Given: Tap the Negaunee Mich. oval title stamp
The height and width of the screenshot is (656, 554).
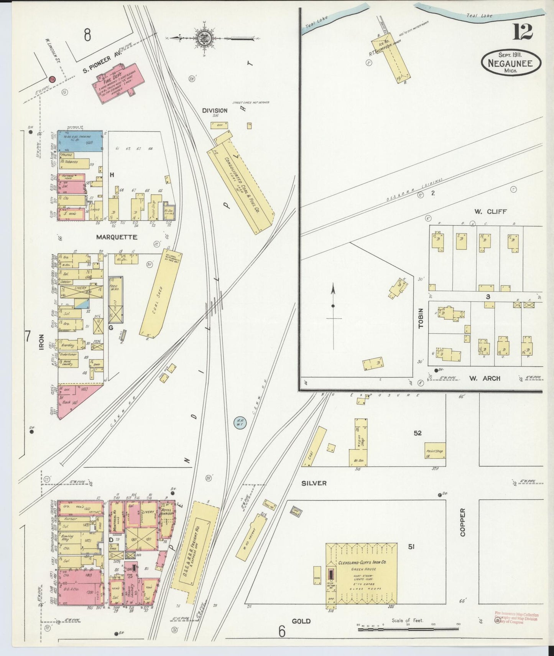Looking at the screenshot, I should click(x=511, y=63).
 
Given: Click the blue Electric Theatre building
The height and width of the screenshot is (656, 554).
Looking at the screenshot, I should click(x=80, y=142).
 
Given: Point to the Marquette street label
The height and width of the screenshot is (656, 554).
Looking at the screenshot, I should click(x=117, y=237).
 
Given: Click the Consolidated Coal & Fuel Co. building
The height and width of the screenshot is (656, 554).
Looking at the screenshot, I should click(x=241, y=184).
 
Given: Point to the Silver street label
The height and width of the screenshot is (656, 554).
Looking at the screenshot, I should click(x=314, y=483).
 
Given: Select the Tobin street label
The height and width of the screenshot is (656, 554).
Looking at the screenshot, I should click(x=421, y=318).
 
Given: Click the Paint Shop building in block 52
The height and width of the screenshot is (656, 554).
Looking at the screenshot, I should click(x=434, y=453).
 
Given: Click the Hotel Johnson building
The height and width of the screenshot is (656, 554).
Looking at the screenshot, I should click(x=167, y=519).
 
